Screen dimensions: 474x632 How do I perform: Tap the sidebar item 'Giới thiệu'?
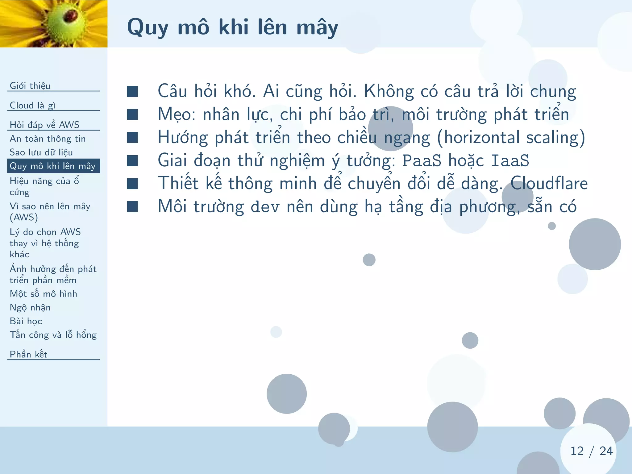click(x=30, y=86)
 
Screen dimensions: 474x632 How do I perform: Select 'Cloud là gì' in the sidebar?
click(x=32, y=106)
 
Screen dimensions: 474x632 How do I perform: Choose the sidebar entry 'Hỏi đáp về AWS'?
click(x=44, y=125)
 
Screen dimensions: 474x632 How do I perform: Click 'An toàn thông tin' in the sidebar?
click(x=48, y=139)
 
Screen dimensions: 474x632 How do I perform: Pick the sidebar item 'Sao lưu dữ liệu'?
click(x=41, y=152)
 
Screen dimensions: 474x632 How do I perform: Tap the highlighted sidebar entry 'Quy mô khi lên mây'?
click(x=53, y=166)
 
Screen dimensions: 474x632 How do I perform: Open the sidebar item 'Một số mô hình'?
click(x=44, y=294)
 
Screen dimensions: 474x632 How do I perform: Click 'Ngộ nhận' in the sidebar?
click(x=30, y=307)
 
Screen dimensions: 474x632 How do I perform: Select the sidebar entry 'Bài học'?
click(x=26, y=321)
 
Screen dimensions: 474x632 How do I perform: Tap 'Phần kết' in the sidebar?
click(x=28, y=354)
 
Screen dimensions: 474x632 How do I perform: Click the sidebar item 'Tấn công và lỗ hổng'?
click(x=53, y=335)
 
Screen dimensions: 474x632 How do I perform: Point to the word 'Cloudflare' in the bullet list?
click(x=549, y=183)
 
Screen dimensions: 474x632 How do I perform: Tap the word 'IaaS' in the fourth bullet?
click(x=510, y=160)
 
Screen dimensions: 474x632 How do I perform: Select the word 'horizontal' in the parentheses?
click(x=481, y=138)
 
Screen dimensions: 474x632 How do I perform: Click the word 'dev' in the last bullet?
click(x=265, y=207)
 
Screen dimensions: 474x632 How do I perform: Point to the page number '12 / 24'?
click(x=591, y=451)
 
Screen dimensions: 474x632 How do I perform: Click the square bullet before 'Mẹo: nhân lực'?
click(x=132, y=114)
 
